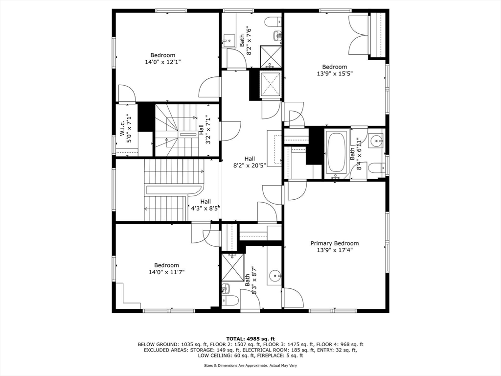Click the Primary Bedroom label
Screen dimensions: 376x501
point(335,243)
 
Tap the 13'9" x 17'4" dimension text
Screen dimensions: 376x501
point(335,250)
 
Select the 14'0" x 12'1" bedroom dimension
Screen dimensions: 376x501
point(162,63)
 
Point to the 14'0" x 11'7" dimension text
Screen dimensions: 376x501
point(166,272)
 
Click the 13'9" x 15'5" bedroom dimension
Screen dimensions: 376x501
point(335,74)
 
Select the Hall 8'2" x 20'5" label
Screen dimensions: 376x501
point(250,163)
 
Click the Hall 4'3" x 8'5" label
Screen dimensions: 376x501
point(205,205)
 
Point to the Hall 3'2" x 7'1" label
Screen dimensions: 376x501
point(205,129)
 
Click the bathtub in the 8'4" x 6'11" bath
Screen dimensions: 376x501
point(336,152)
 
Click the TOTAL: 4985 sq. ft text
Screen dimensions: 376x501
point(250,339)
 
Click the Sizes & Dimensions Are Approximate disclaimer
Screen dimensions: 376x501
point(250,365)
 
